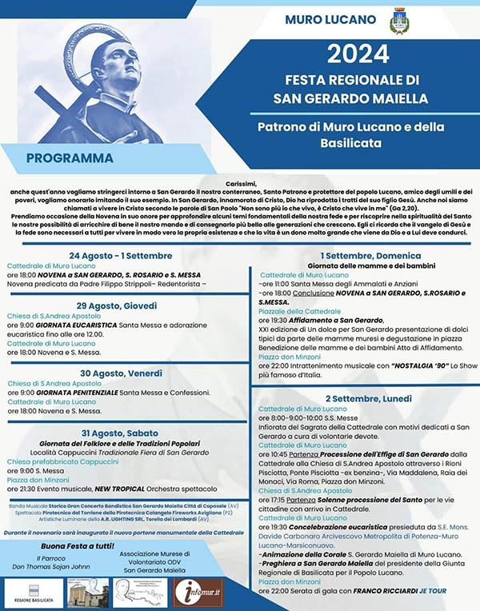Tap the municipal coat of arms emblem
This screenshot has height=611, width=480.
(398, 22)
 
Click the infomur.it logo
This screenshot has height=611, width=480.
(198, 592)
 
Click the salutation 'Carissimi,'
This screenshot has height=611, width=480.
(239, 182)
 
